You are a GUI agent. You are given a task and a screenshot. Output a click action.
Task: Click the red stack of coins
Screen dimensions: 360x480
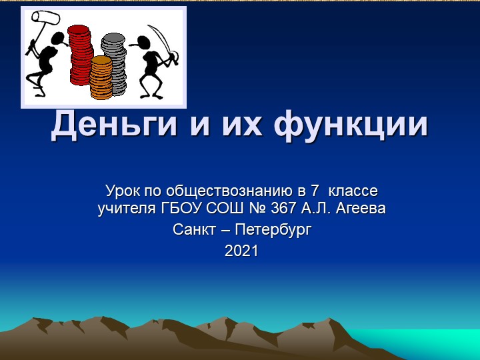(80, 50)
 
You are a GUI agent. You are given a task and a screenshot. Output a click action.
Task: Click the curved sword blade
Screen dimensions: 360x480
(160, 37)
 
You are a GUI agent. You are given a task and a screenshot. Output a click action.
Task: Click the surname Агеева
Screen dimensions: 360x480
(361, 209)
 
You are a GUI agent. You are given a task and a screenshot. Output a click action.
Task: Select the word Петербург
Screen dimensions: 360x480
(273, 230)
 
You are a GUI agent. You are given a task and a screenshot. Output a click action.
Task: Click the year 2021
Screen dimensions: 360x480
(241, 251)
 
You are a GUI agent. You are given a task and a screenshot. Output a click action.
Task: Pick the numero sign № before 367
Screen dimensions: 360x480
(258, 209)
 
